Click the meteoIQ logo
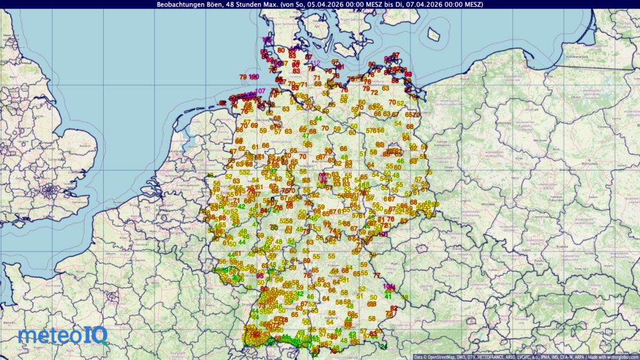tap(63, 336)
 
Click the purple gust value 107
tap(260, 91)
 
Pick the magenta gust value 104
tap(389, 286)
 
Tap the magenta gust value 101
tap(383, 234)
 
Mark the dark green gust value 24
tap(384, 346)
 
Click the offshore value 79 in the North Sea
tap(243, 77)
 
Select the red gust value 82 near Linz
tap(393, 308)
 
